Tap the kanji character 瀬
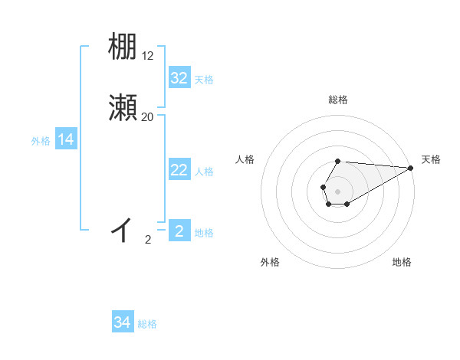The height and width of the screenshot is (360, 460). coord(123,108)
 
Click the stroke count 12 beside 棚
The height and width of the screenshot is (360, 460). coord(148,56)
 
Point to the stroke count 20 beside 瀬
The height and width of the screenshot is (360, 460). coord(148,117)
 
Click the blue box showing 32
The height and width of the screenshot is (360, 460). coord(179,78)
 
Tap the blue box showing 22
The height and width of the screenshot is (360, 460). coord(179,170)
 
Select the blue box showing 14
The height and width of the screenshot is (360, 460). coord(66,139)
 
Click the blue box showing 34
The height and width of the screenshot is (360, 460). coord(123,322)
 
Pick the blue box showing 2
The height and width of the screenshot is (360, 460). coord(179,231)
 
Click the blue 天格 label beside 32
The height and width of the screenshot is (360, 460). coord(204,80)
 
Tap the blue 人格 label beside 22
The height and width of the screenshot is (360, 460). coord(204,172)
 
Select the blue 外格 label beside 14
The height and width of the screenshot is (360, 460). coord(41,141)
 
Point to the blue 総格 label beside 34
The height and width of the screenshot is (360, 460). coord(147,324)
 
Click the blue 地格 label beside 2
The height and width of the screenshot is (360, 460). coord(204,233)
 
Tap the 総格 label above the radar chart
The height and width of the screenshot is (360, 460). coord(338,100)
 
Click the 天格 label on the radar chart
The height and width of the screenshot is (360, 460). coord(431,159)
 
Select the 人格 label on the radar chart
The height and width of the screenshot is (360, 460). coord(245,159)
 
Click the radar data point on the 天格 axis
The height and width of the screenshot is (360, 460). coord(411,167)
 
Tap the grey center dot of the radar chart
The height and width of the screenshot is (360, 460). coord(338,190)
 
